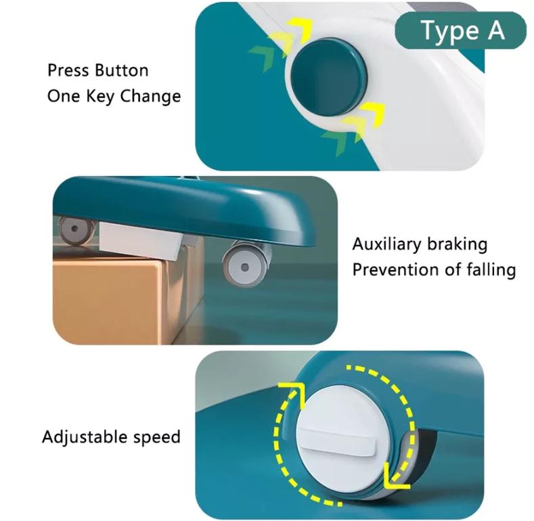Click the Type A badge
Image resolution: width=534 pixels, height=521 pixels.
(460, 30)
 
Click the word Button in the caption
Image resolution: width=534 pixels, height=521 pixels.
(122, 70)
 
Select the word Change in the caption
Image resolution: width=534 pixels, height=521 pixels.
(150, 96)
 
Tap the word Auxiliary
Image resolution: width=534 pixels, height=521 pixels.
(386, 244)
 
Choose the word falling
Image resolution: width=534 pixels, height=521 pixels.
(491, 270)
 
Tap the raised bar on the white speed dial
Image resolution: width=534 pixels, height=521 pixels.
(338, 441)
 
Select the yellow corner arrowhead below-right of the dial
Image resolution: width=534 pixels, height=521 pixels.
(397, 476)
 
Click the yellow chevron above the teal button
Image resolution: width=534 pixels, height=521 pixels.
(300, 30)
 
